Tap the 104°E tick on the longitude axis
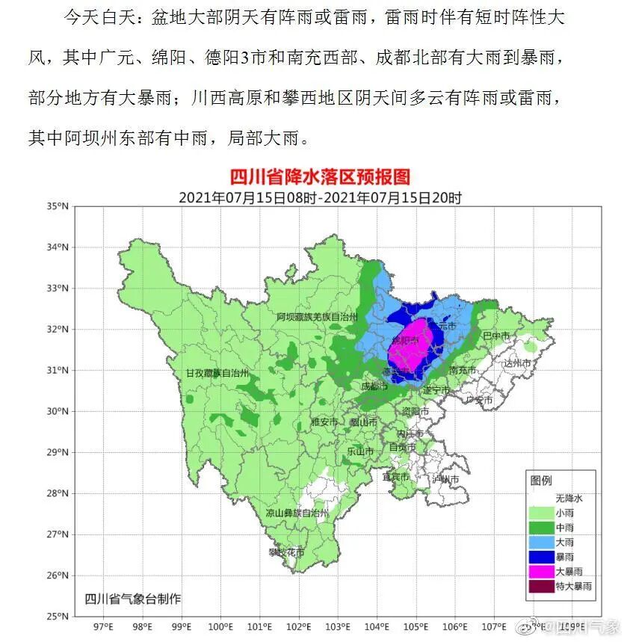click(377, 626)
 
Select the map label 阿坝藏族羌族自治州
click(315, 317)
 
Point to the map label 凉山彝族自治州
click(297, 513)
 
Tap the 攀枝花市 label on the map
click(287, 552)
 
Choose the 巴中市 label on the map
click(495, 336)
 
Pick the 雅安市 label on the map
click(325, 422)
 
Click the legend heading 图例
click(541, 481)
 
